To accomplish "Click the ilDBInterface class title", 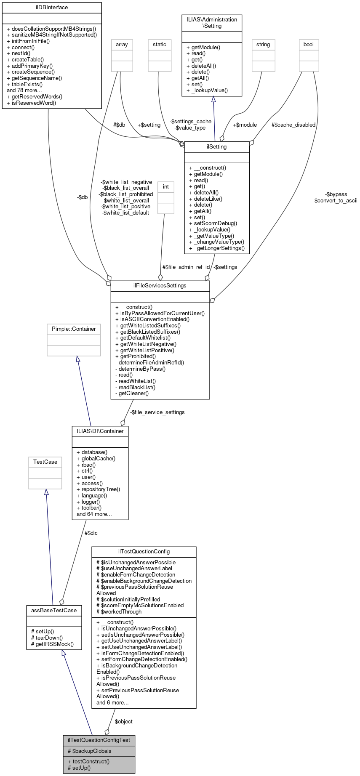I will click(52, 8).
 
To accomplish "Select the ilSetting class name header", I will click(217, 147).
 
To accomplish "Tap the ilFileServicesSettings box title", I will click(160, 286).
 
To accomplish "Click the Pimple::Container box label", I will click(74, 329).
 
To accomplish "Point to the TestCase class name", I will click(45, 462).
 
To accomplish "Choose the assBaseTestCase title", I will click(53, 610).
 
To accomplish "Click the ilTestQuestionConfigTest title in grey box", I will click(99, 740).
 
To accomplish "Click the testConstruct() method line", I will click(88, 761).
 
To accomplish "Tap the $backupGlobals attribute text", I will click(90, 751).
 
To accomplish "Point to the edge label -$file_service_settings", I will click(157, 412).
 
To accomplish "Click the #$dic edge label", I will click(91, 533).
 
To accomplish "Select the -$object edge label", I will click(123, 722).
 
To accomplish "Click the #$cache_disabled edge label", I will click(293, 125).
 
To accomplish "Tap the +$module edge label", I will click(245, 125).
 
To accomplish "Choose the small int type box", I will click(166, 187).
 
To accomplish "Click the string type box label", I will click(263, 45).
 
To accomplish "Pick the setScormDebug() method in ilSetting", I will click(213, 223).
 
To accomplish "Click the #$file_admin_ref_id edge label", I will click(186, 267).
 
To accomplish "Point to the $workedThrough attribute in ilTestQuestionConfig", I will click(119, 612).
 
